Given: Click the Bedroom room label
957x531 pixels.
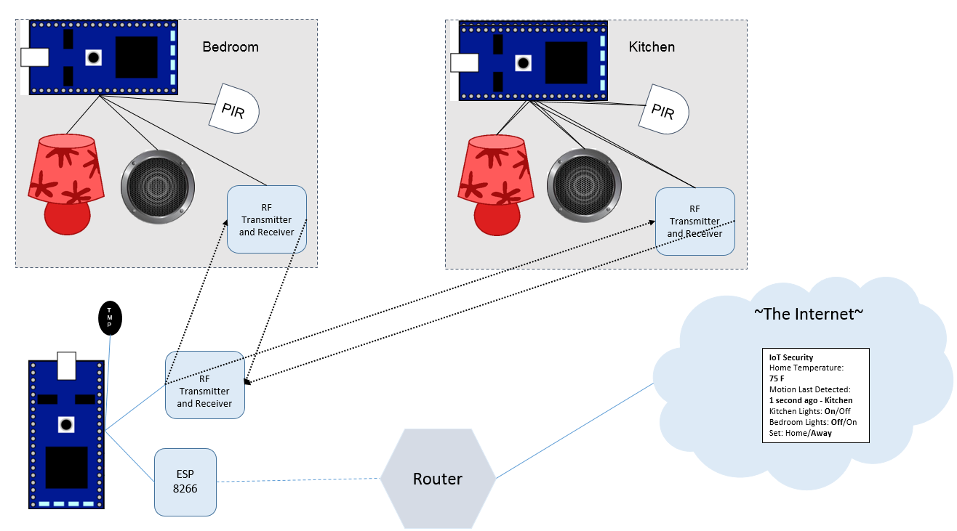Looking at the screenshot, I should [230, 47].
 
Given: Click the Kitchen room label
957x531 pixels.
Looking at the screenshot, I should [652, 47].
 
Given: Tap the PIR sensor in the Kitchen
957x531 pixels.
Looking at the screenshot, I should [663, 110].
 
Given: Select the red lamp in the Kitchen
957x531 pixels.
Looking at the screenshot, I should [495, 182].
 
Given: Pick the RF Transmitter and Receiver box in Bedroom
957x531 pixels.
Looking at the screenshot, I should [266, 220].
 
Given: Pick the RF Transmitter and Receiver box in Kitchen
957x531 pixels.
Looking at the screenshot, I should [694, 222].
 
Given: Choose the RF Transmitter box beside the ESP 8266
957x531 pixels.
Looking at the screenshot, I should [204, 385].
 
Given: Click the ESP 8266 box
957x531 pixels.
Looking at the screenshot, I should [185, 482].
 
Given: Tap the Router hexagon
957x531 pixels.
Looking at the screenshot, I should [438, 479].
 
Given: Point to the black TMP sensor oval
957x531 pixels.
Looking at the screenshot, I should [110, 318].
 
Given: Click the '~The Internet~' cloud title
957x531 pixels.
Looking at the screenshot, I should [808, 314].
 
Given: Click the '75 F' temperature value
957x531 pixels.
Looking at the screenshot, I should [777, 378].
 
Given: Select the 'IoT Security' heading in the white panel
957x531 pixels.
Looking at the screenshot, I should [791, 357].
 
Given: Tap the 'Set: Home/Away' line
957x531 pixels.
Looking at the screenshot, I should [800, 433].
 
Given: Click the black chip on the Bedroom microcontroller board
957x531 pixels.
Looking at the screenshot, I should [136, 57].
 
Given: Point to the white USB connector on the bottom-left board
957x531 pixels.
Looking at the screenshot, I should [66, 365].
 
